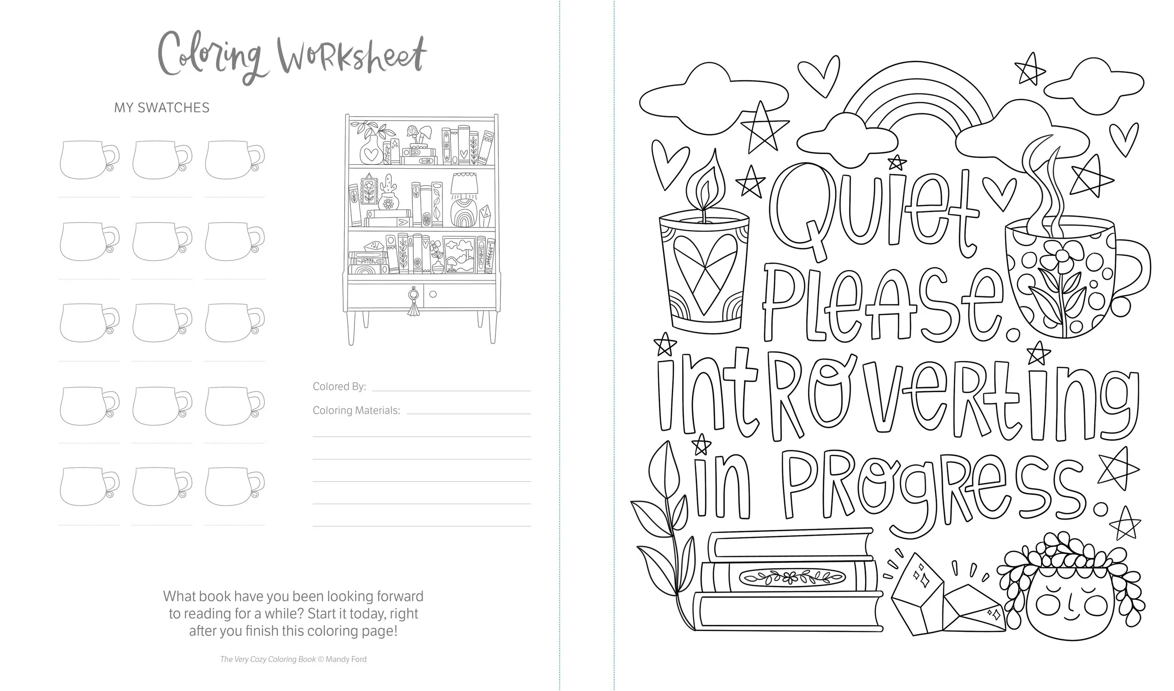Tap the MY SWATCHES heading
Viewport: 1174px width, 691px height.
pyautogui.click(x=162, y=108)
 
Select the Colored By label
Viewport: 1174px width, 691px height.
pyautogui.click(x=339, y=387)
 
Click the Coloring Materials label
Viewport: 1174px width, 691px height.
pyautogui.click(x=356, y=410)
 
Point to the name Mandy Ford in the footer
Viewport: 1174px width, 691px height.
pyautogui.click(x=346, y=659)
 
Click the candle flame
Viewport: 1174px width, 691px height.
pyautogui.click(x=703, y=188)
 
